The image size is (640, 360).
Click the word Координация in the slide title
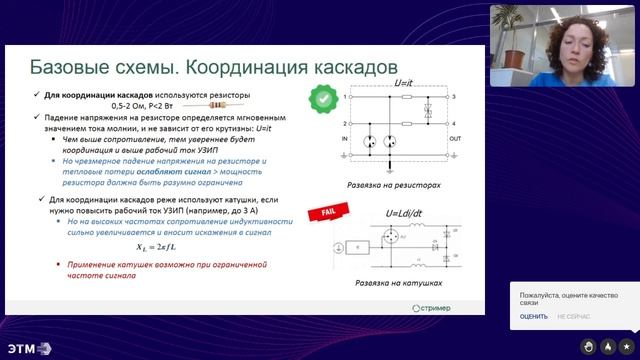point(294,66)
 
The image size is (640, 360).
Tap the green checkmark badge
point(323,98)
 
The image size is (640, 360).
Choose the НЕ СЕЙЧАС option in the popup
point(573,316)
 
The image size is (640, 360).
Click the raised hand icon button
point(590,346)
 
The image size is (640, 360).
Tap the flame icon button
point(608,346)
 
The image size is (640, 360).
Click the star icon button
point(626,346)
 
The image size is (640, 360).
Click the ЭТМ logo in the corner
point(27,347)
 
